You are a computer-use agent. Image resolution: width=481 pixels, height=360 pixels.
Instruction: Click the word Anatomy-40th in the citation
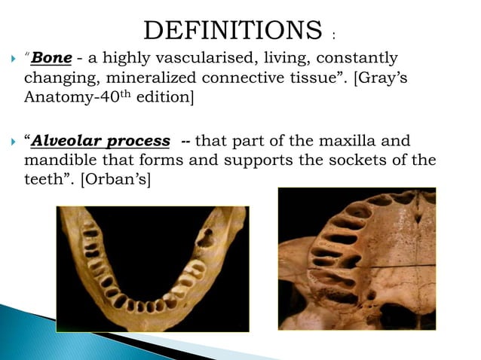[x=72, y=96]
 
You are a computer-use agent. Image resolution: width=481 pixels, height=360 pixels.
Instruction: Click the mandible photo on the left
[x=152, y=269]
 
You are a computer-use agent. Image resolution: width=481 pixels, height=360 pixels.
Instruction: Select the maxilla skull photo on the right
[x=357, y=258]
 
